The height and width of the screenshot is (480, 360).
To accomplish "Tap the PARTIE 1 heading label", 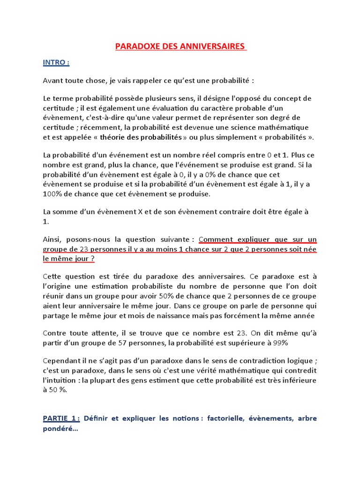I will [61, 418].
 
